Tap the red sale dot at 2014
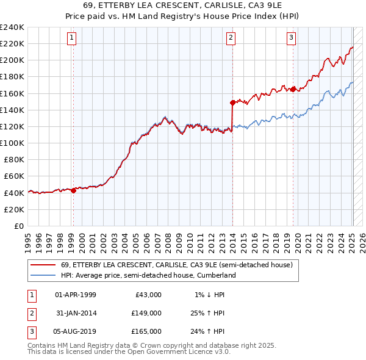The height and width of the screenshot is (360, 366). pos(232,103)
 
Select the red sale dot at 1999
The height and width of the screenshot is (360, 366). pos(74,190)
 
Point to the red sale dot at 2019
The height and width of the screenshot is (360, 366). pos(293,89)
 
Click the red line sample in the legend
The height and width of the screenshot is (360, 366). pos(43,265)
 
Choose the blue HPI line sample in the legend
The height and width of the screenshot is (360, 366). pos(43,275)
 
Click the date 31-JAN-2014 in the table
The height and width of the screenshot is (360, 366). pos(76,313)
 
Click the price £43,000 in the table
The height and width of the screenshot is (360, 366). pos(148,295)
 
